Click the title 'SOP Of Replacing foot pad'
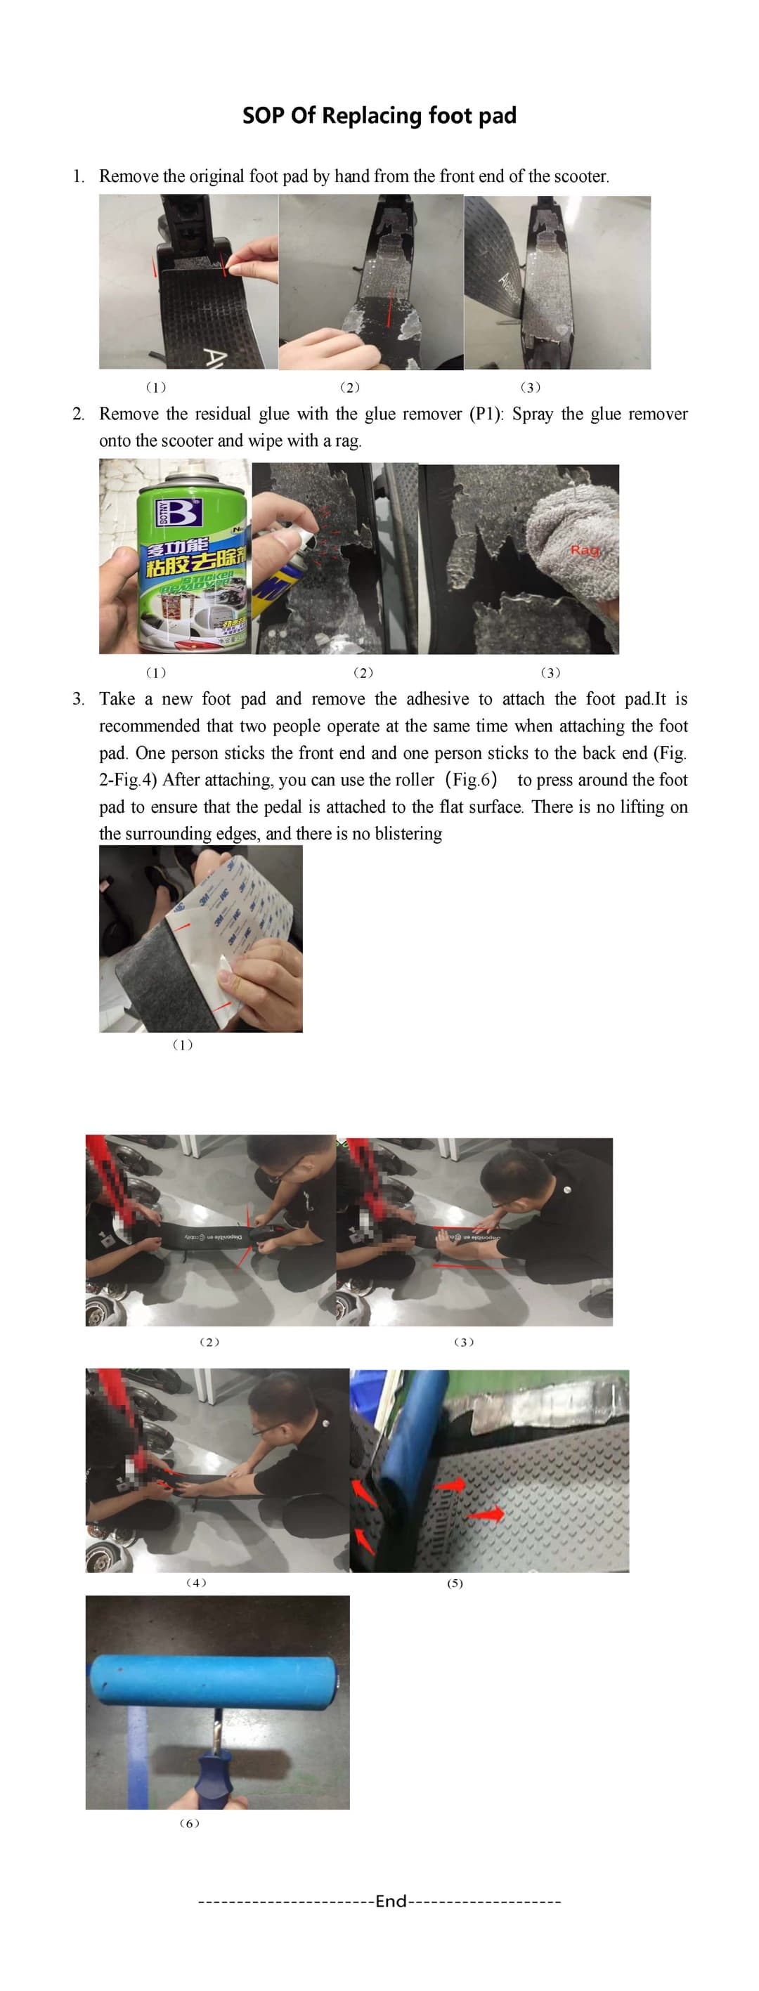tap(379, 116)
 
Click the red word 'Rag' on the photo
tap(584, 549)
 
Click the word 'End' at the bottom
tap(390, 1900)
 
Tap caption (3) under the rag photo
tap(550, 672)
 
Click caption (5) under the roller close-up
tap(455, 1583)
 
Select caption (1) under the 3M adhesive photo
tap(183, 1044)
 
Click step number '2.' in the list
tap(78, 414)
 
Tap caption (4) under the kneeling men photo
tap(196, 1582)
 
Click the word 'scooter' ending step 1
tap(580, 176)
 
